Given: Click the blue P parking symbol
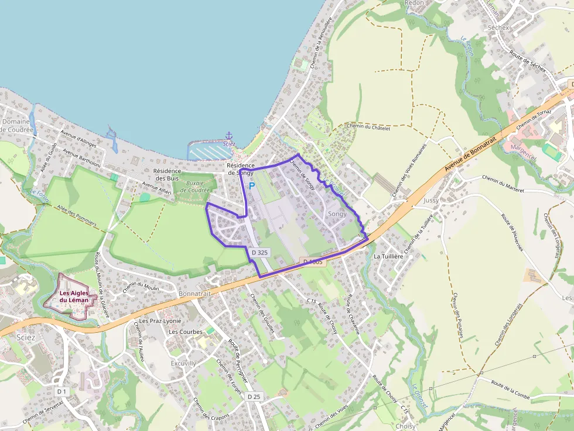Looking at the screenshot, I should (252, 186).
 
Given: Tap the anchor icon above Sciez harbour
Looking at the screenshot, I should (229, 135).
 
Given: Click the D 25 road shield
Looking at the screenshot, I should (254, 396).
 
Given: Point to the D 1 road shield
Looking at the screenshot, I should (62, 391).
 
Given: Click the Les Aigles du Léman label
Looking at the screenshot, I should (74, 296).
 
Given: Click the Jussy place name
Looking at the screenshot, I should (430, 200).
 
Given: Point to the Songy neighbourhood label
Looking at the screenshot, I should (337, 213).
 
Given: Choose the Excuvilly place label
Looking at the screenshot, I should (183, 347).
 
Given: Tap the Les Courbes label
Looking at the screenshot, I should (185, 332).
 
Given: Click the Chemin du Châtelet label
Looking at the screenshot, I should (368, 126).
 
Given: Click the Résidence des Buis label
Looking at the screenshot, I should (166, 174).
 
